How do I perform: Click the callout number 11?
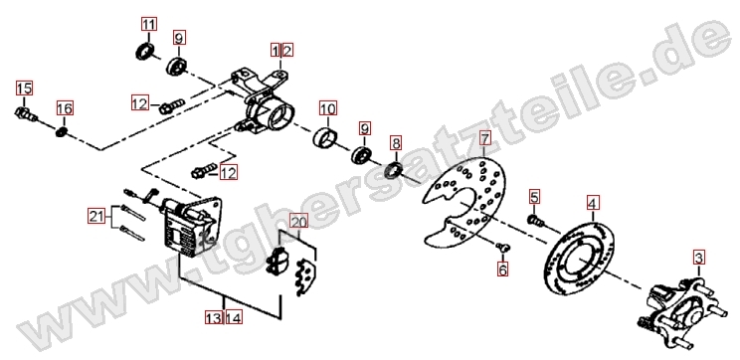148,24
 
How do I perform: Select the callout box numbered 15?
24,88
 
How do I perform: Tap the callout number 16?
65,108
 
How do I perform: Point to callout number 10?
327,108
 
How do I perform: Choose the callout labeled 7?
484,138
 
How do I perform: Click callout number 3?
699,259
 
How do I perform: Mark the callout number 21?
96,216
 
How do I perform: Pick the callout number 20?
298,221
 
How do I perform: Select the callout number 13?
214,317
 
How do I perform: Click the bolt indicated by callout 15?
26,114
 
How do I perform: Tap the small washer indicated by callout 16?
62,131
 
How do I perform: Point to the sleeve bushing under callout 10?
326,137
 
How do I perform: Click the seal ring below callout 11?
146,51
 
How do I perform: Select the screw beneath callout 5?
535,220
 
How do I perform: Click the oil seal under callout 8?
395,170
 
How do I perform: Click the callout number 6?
502,270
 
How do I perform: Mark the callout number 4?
593,203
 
